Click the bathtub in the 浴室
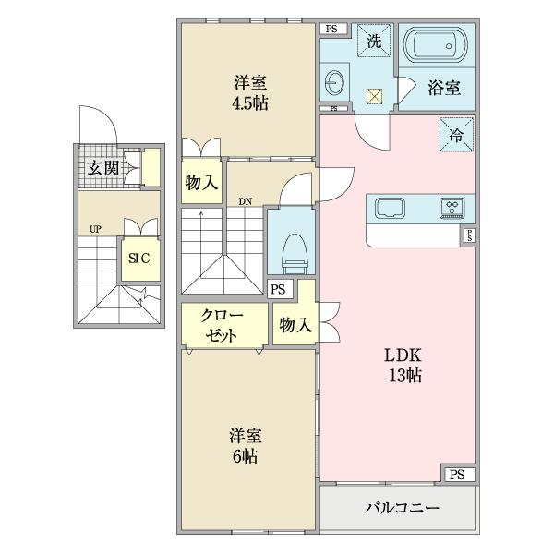point(440,46)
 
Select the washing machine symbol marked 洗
point(375,41)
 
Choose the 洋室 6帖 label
point(244,446)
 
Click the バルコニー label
point(401,508)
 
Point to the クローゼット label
point(223,325)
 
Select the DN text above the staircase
point(246,200)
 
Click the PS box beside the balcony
point(457,475)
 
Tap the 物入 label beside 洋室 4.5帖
point(201,182)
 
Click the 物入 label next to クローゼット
point(294,325)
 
